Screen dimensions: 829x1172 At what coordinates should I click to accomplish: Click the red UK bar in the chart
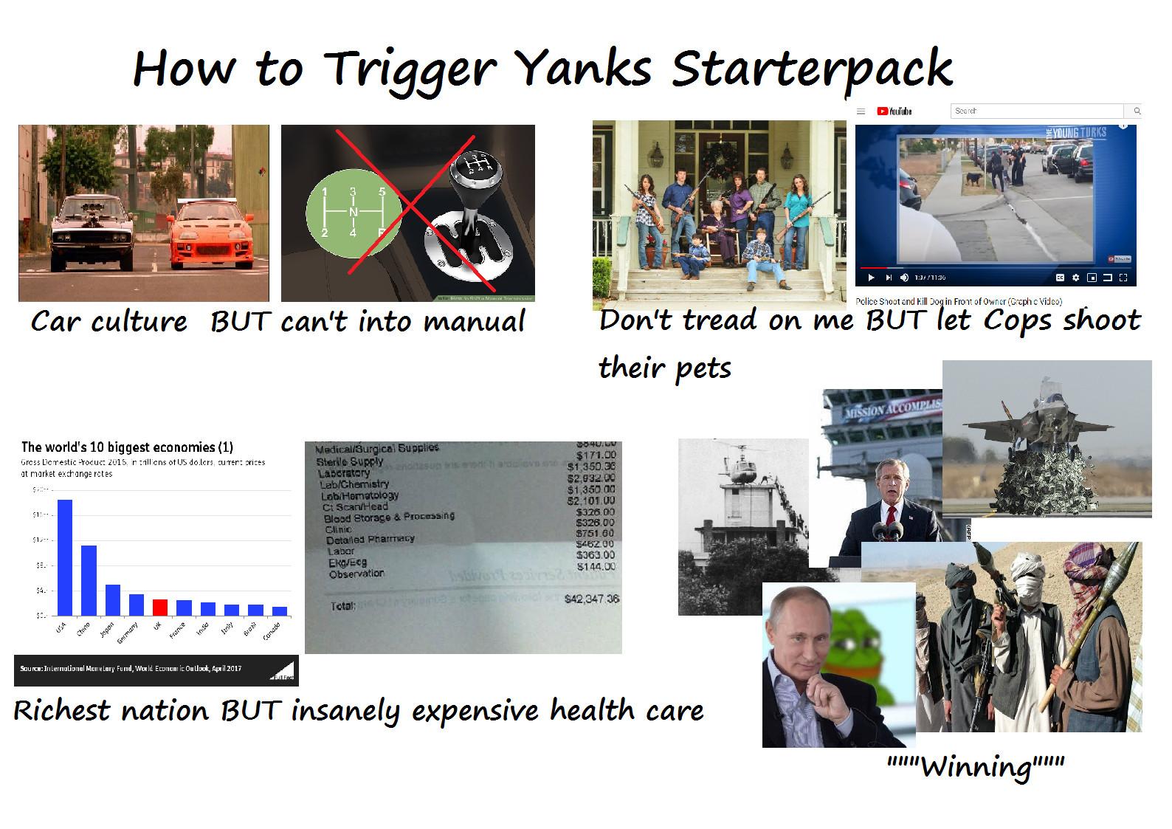(x=160, y=607)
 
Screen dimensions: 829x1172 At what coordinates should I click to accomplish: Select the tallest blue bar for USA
(x=65, y=557)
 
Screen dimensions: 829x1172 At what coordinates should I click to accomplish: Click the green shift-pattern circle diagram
(x=353, y=213)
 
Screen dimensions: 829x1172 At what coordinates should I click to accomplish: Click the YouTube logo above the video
(x=894, y=111)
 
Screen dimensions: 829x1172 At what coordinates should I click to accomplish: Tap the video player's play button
(x=871, y=278)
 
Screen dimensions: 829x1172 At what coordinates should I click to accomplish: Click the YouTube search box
(x=1037, y=111)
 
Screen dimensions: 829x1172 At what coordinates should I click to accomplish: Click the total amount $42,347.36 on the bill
(x=591, y=599)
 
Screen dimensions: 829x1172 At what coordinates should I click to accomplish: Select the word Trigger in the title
(x=410, y=68)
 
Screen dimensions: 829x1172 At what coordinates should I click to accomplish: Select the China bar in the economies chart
(x=89, y=580)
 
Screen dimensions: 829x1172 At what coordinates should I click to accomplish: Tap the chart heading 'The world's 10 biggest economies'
(x=127, y=447)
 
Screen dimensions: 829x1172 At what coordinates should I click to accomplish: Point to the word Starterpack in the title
(x=812, y=68)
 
